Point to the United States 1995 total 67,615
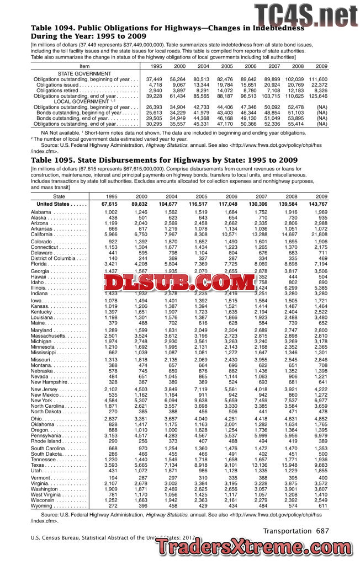click(108, 204)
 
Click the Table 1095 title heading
click(165, 160)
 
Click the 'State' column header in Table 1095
click(59, 196)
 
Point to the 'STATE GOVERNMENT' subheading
click(84, 73)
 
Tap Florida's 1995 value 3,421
click(109, 264)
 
